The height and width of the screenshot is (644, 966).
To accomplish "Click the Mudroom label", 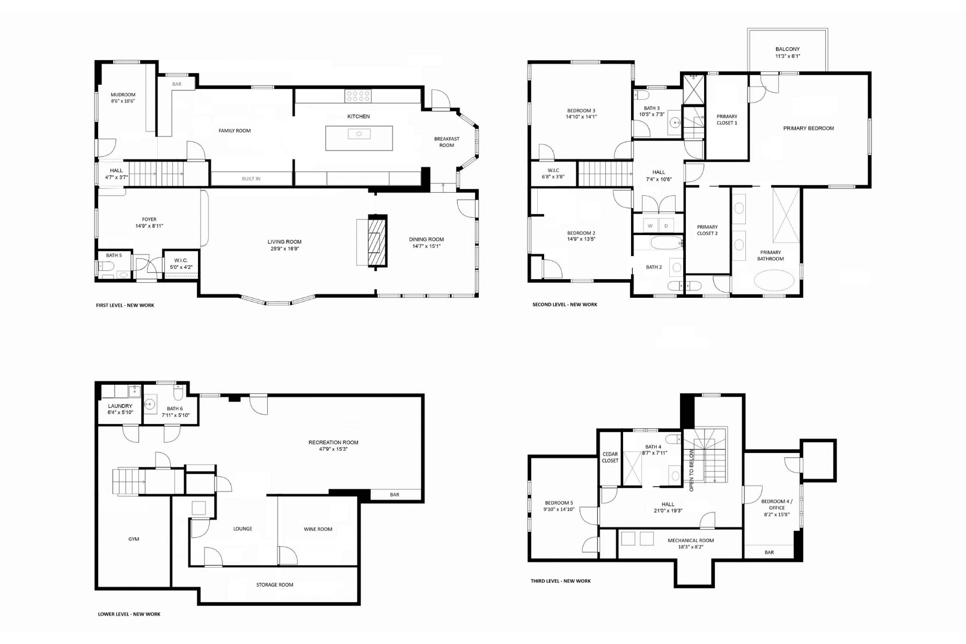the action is [123, 94].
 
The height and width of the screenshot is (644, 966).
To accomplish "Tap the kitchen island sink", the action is [359, 134].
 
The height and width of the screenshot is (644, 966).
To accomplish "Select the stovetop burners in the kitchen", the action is [358, 96].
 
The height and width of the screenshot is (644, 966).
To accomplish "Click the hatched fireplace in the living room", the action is [377, 241].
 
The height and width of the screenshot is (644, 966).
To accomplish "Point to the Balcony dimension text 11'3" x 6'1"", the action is [787, 56].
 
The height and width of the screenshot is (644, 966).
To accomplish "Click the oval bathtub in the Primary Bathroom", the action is [774, 280].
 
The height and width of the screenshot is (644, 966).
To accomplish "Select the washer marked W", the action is [650, 226].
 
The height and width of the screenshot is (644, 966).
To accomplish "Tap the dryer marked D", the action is [666, 226].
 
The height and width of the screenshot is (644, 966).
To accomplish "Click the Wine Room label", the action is [318, 529].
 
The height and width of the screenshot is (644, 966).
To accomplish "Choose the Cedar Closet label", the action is [610, 457].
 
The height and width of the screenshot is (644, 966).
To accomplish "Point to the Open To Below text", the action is [691, 471].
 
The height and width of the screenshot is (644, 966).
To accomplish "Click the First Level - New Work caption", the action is [125, 305].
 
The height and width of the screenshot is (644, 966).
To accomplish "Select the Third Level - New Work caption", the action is [561, 581].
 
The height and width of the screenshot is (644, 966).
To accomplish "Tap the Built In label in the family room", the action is [251, 179].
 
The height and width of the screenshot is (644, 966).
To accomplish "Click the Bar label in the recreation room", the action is [394, 495].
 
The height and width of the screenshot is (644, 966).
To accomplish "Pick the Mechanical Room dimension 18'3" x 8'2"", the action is [691, 547].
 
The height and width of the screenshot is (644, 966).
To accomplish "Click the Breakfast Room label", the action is [447, 142].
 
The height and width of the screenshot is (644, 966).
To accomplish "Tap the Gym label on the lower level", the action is [134, 539].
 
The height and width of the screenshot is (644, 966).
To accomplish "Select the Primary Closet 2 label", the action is [707, 230].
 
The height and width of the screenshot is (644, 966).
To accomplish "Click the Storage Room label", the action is [275, 584].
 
